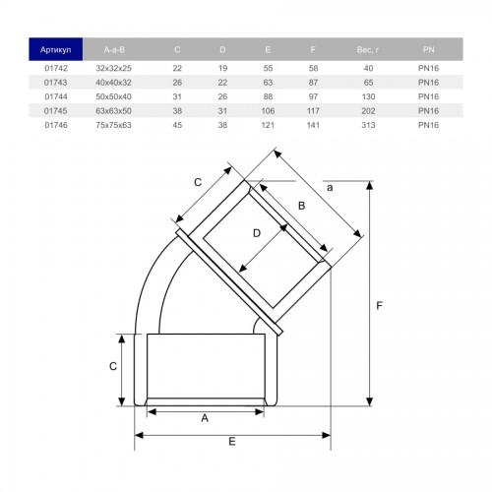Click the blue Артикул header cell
55,49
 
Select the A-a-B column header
114,50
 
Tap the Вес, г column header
368,50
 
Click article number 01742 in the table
56,68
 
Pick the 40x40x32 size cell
113,83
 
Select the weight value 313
368,125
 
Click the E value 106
268,111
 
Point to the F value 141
313,125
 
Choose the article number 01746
56,125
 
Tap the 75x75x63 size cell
113,125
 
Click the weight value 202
368,111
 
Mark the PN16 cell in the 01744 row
428,96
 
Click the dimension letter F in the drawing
379,306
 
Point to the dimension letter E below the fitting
232,442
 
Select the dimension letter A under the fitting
205,418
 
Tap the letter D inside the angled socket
257,233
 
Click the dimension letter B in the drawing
301,206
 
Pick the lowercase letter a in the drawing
330,188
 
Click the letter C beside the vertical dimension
113,366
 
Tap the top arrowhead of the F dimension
370,185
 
